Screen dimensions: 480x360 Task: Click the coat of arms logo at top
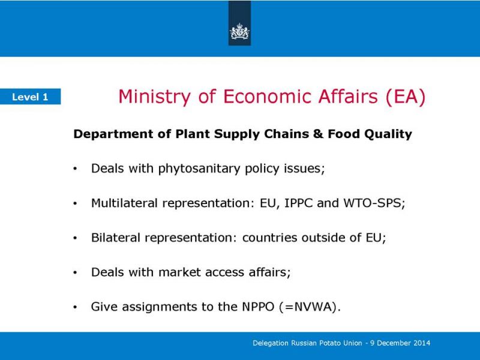(239, 31)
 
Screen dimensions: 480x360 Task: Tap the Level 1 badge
(31, 97)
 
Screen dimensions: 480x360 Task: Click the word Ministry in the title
(155, 97)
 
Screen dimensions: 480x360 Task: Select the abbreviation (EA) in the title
(406, 97)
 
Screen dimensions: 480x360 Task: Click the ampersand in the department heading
(319, 134)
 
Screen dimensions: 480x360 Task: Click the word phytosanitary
(199, 169)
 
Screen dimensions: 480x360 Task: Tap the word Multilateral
(124, 203)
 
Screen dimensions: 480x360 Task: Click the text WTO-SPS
(372, 203)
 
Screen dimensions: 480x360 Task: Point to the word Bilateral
(116, 238)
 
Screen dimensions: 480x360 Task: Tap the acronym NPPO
(258, 307)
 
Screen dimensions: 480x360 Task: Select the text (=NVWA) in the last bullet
(308, 307)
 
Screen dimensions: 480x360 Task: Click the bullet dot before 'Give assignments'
(75, 307)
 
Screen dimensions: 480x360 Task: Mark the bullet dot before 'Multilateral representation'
(75, 203)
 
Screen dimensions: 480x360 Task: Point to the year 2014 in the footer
(422, 343)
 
